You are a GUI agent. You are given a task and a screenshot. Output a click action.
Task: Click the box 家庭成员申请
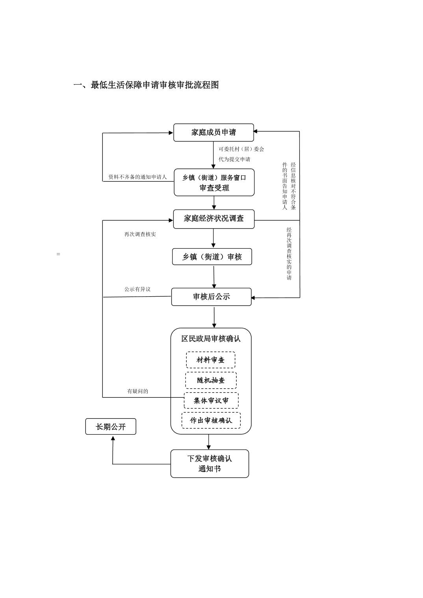(213, 133)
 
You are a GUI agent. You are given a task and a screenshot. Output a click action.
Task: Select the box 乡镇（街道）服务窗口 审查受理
(214, 183)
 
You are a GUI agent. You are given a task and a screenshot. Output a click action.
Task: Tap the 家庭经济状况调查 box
(214, 219)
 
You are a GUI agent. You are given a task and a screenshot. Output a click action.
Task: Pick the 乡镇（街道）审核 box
(212, 257)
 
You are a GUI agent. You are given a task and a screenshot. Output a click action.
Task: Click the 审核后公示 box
(211, 297)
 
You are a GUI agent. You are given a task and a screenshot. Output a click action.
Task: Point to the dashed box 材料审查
(211, 360)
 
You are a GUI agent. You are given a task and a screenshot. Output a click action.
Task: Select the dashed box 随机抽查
(211, 380)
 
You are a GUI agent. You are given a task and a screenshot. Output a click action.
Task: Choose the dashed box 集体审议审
(211, 401)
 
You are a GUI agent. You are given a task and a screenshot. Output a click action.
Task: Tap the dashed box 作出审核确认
(211, 420)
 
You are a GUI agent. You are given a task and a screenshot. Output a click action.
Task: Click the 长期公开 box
(111, 426)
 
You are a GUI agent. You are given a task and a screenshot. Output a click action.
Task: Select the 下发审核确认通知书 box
(210, 463)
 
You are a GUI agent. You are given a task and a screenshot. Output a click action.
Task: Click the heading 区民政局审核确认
(211, 339)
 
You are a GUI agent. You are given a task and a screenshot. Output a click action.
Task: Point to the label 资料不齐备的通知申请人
(137, 177)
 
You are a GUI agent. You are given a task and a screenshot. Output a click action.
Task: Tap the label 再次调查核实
(140, 234)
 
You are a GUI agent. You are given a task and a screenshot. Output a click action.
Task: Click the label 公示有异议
(137, 289)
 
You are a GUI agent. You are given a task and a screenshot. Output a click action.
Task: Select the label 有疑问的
(137, 391)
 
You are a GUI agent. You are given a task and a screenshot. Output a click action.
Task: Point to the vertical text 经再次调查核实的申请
(289, 254)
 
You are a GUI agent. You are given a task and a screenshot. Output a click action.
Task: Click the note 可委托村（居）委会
(241, 149)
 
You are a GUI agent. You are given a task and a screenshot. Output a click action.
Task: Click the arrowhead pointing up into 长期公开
(113, 438)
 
